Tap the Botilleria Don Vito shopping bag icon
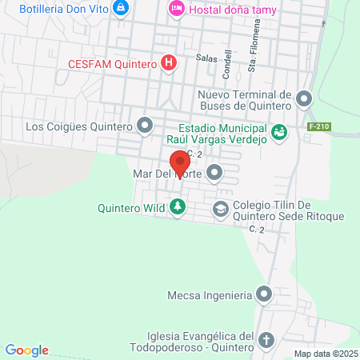[x=121, y=8]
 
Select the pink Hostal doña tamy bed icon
[x=176, y=8]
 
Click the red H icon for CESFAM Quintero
[x=169, y=63]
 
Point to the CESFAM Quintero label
[x=112, y=63]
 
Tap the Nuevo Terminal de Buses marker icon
[x=304, y=99]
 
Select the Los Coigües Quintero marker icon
[x=145, y=126]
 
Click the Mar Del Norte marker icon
[x=214, y=172]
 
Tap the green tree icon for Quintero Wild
[x=177, y=208]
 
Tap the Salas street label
[x=206, y=58]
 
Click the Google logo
[x=27, y=350]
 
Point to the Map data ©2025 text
[x=326, y=354]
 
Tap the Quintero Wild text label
[x=131, y=208]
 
